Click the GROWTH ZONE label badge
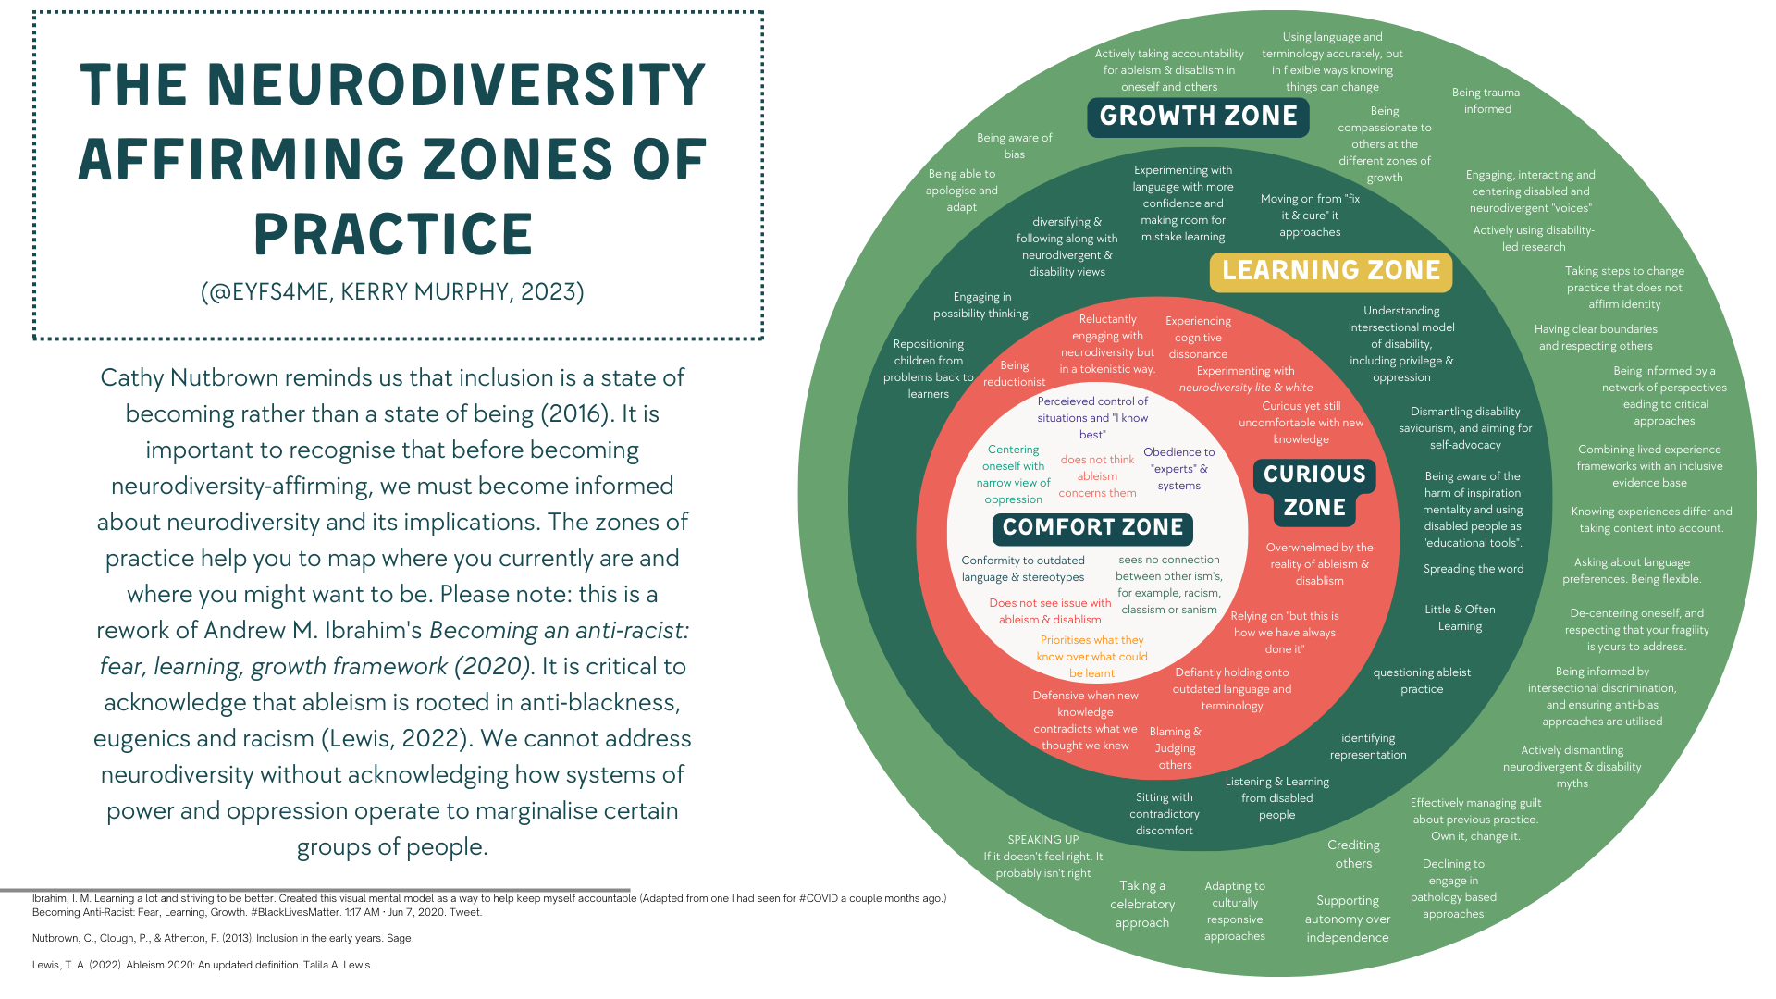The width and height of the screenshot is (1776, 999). tap(1198, 117)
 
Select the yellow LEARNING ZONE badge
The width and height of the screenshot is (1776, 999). tap(1330, 271)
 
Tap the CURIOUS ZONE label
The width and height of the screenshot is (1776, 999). tap(1313, 490)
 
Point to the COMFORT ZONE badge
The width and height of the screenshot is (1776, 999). tap(1092, 528)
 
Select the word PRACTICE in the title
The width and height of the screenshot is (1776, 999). tap(394, 235)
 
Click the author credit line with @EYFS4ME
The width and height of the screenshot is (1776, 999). tap(392, 292)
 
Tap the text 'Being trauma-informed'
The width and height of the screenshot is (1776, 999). tap(1486, 101)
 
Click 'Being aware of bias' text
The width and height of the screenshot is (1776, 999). tap(1014, 146)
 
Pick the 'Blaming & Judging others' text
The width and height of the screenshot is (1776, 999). tap(1175, 747)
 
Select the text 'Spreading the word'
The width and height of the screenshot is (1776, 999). tap(1473, 569)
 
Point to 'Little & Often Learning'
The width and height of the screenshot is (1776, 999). tap(1460, 618)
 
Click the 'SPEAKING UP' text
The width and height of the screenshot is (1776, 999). tap(1042, 840)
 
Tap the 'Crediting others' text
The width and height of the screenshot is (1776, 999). tap(1353, 854)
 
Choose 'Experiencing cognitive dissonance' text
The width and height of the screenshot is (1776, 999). tap(1198, 338)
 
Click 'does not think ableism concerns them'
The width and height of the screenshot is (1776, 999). tap(1097, 476)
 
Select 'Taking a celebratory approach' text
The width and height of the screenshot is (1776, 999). tap(1142, 904)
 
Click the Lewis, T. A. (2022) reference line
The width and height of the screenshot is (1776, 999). tap(202, 965)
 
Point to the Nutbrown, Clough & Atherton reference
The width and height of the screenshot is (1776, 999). tap(222, 938)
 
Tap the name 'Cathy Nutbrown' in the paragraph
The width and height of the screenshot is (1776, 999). tap(189, 378)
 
